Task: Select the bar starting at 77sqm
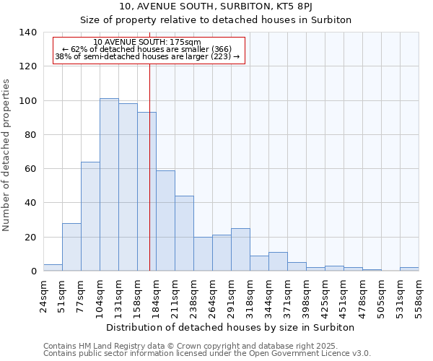point(90,217)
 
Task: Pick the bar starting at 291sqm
point(240,250)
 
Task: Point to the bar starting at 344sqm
point(278,262)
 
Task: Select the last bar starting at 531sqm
point(409,269)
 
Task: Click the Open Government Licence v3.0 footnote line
point(207,353)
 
